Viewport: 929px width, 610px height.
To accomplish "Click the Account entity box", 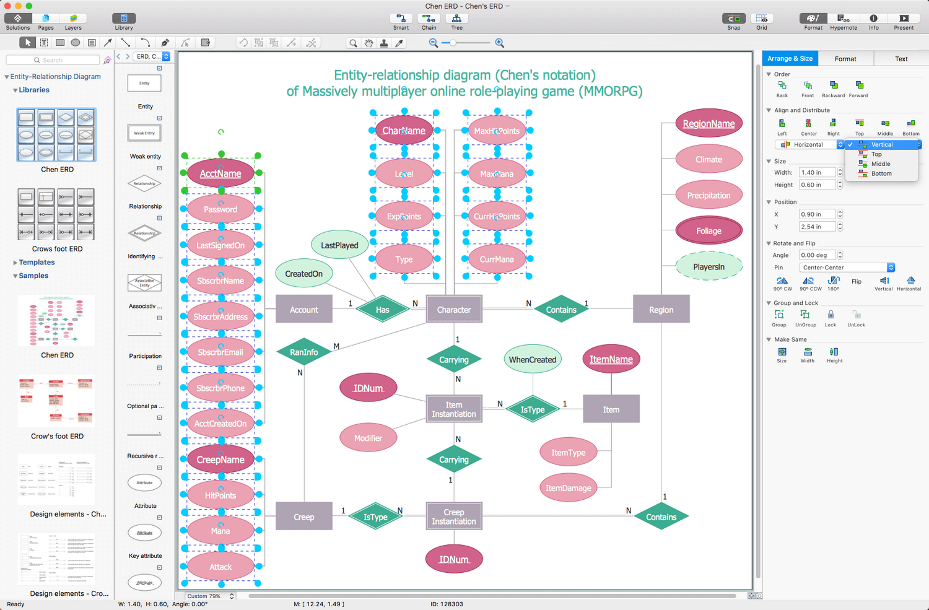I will pos(303,310).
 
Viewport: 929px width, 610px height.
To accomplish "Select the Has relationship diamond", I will pos(383,310).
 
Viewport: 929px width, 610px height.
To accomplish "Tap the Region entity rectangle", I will pos(661,310).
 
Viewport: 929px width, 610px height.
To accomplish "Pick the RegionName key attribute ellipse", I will pos(709,124).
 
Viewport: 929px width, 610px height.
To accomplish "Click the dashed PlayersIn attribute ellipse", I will pos(709,267).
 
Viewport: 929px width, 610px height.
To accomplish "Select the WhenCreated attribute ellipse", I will pos(532,360).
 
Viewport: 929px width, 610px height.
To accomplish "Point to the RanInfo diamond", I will pos(303,352).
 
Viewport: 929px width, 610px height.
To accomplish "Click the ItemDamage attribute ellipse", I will pos(568,488).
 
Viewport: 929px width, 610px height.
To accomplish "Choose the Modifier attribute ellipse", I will pos(368,438).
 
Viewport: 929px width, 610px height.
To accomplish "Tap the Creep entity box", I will pos(303,517).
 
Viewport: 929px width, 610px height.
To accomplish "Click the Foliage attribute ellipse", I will pos(709,231).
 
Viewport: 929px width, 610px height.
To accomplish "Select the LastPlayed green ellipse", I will pos(339,245).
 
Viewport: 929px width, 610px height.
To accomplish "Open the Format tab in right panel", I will pos(845,59).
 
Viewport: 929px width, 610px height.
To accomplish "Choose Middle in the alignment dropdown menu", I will pos(880,164).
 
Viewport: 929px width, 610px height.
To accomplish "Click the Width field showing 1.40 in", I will pos(816,173).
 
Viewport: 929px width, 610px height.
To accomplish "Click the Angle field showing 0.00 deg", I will pos(816,255).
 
